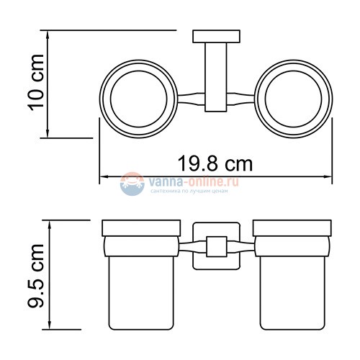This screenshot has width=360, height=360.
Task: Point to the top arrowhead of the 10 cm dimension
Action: coord(48,33)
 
